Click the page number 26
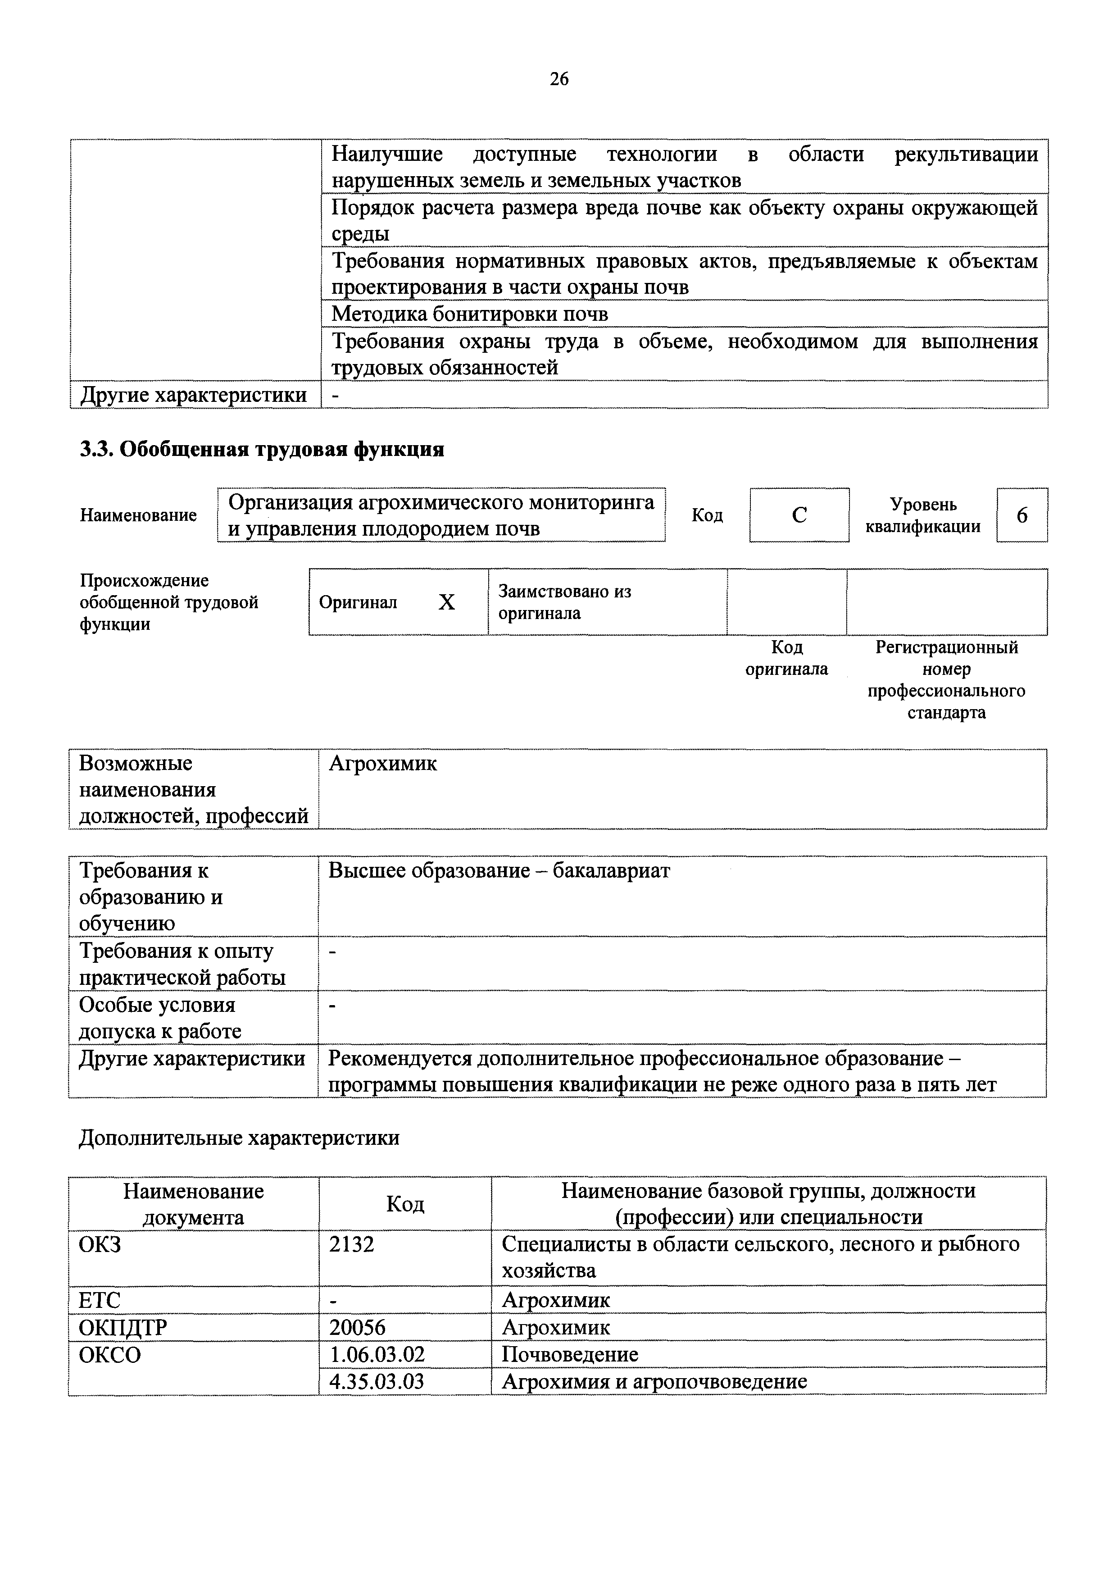558,79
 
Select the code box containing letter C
799,515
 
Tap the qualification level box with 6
1022,515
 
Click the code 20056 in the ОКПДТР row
357,1327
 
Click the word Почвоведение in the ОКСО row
569,1354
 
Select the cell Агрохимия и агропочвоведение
654,1381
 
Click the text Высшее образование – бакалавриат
499,870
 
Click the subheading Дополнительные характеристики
239,1138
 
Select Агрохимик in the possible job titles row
382,763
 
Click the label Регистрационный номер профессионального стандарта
946,679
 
